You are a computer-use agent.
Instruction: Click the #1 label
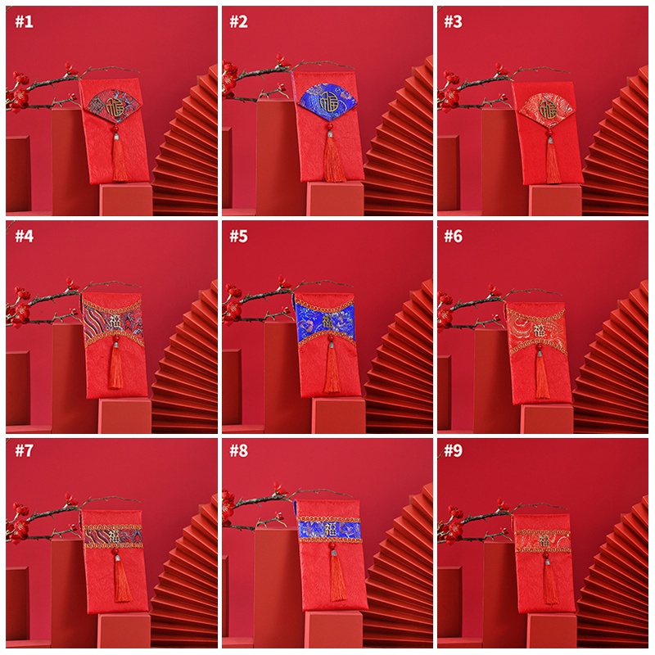tap(24, 22)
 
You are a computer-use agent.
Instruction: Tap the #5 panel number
tap(238, 237)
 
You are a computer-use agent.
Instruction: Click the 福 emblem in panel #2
tap(330, 103)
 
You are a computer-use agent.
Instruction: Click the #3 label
tap(454, 22)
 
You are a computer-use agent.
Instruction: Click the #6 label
tap(454, 237)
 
